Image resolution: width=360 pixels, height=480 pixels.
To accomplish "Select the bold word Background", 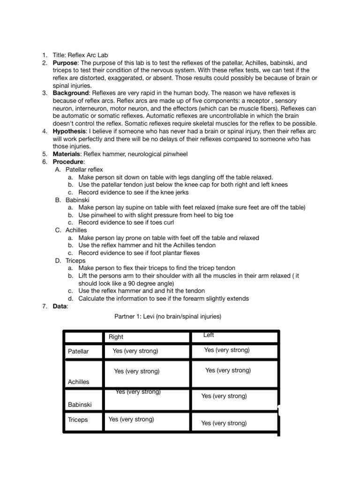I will tap(70, 93).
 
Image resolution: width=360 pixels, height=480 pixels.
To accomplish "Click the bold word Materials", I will tap(67, 154).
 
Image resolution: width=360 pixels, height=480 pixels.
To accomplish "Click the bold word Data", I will tap(60, 306).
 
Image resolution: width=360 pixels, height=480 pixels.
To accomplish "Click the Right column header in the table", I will tap(116, 337).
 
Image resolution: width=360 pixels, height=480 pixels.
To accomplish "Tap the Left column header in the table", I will tap(209, 335).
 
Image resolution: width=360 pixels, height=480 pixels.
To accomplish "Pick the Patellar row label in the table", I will tap(78, 351).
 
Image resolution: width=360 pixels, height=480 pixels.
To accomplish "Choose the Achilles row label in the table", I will tap(78, 382).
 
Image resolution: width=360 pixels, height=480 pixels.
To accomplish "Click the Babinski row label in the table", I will tap(79, 404).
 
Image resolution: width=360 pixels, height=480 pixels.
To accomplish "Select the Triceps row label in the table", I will tap(78, 420).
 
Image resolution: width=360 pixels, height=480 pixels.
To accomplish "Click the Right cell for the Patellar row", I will tap(135, 351).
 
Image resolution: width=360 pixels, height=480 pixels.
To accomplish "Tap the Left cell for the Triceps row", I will tap(224, 423).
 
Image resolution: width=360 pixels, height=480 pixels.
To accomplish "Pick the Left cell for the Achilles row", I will tap(228, 370).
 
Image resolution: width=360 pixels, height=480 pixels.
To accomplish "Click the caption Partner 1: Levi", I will tap(168, 317).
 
